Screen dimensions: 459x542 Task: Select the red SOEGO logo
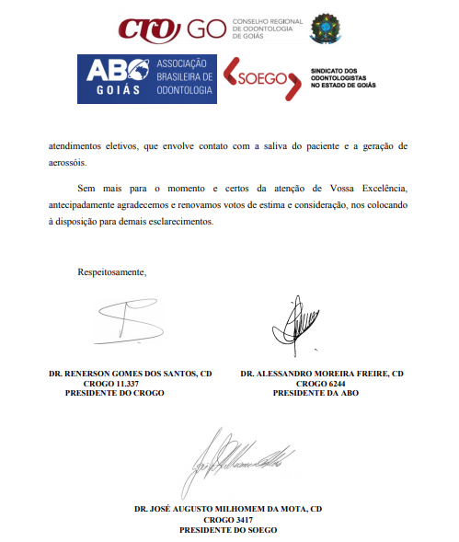coord(261,77)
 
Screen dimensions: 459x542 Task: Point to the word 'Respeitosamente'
coord(112,271)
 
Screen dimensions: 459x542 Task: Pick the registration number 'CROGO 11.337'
coord(114,383)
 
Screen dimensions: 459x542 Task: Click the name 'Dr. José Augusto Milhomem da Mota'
coord(227,509)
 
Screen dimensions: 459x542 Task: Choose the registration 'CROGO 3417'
coord(227,519)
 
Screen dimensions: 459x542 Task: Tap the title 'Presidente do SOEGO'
coord(227,529)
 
